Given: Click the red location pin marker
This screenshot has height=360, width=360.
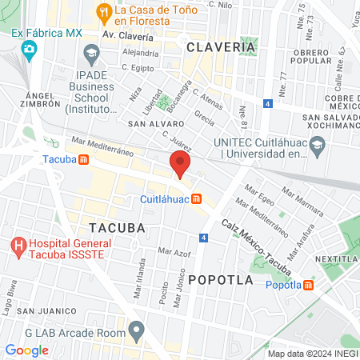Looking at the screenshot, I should pos(180,165).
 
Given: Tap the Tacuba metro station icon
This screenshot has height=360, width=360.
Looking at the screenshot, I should pos(84,158).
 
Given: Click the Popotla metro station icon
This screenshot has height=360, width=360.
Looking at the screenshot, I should pos(308,285).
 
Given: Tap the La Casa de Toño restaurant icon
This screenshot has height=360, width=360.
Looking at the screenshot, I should pos(103,12).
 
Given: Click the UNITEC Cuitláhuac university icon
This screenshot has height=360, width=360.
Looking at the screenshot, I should pos(318,146).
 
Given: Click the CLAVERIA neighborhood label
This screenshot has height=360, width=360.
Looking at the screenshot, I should pos(221,48).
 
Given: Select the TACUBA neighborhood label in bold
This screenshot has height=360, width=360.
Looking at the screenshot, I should pos(118,227).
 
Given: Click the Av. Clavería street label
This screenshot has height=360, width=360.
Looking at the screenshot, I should pos(127,36).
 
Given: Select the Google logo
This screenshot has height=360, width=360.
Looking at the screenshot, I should pos(26,350).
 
